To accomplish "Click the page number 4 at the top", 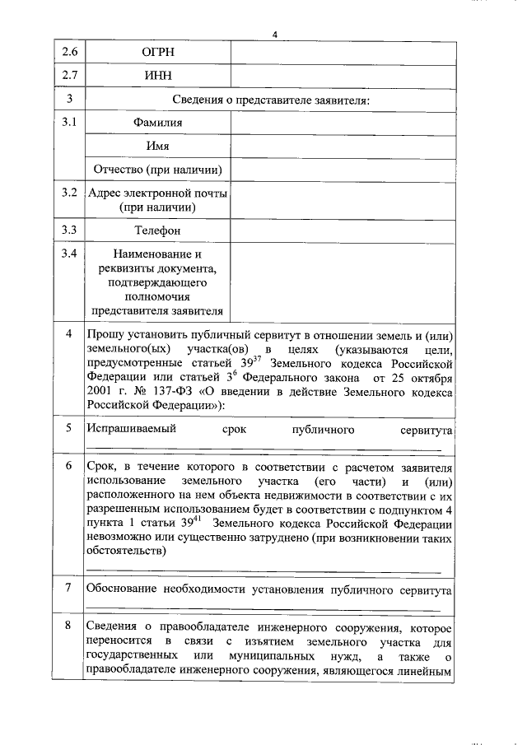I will tap(275, 33).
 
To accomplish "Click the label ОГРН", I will tap(157, 53).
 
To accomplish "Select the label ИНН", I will tap(157, 77).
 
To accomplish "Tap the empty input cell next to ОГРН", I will tap(342, 53).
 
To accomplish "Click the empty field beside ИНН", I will tap(342, 77).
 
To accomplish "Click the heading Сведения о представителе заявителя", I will tap(270, 100).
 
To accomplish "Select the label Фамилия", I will tap(157, 123).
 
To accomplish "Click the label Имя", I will tap(157, 146).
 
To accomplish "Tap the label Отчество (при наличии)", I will tap(157, 170).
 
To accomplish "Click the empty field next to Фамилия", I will tap(342, 123).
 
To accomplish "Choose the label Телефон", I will tap(157, 230).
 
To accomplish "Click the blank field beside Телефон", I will tap(342, 230).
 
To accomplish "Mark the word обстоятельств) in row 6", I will tap(126, 552).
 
